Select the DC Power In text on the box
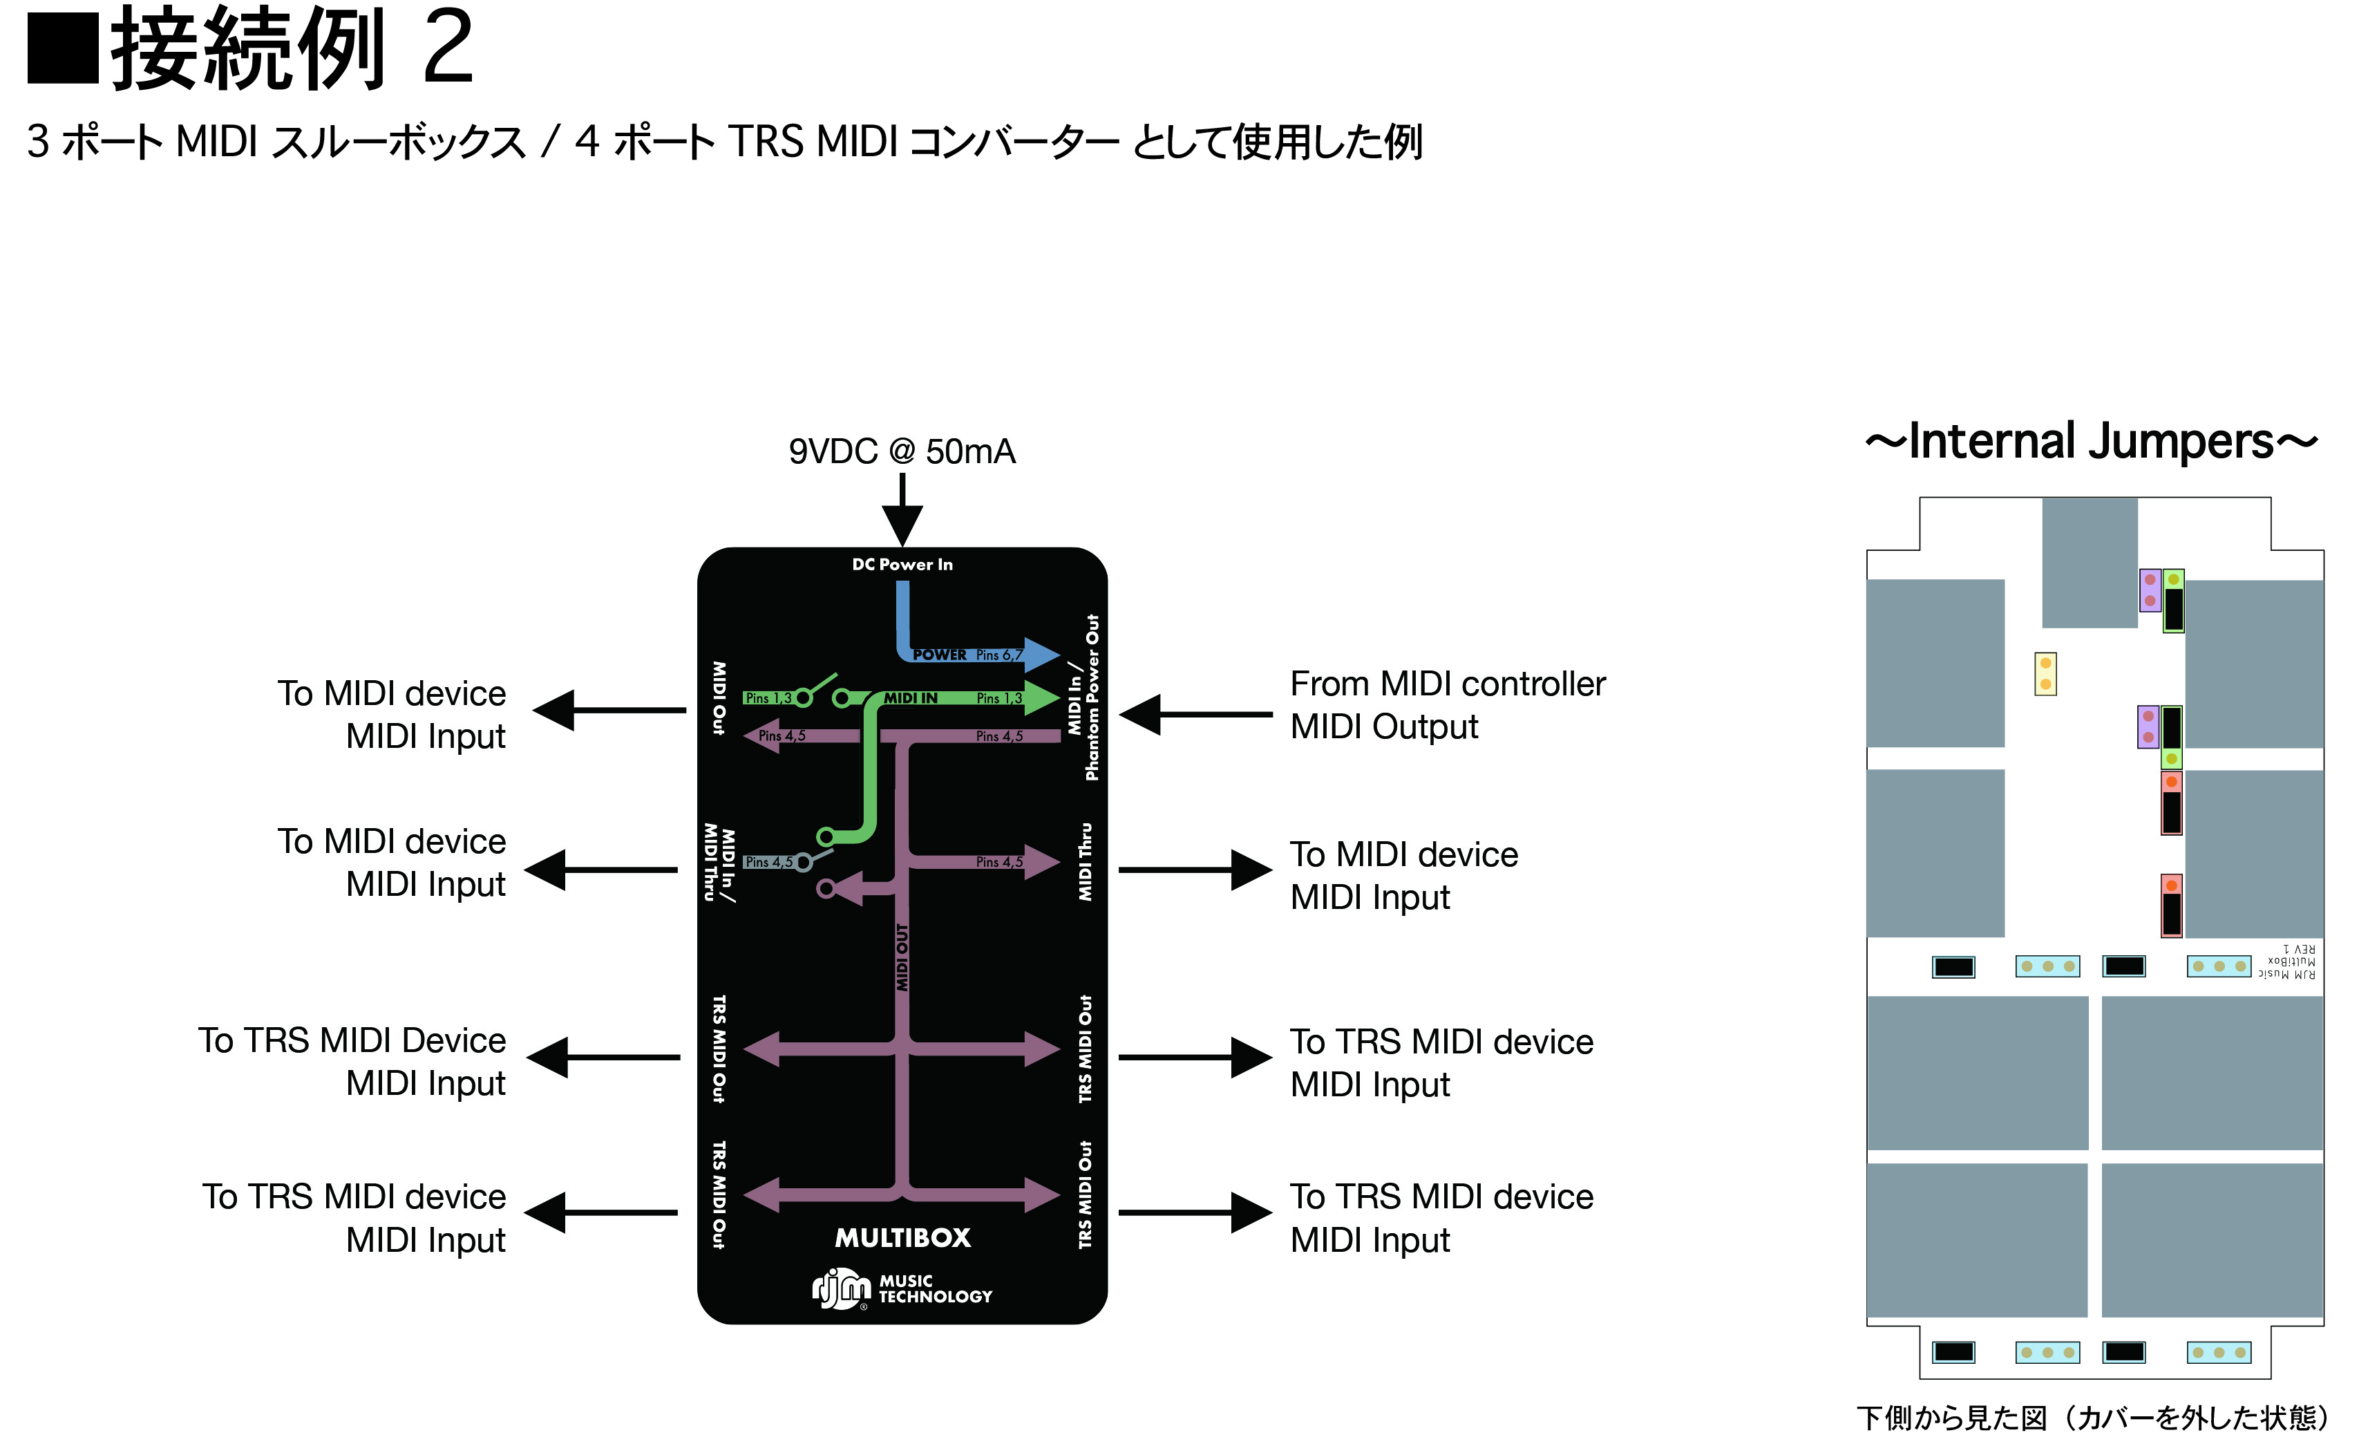coord(902,564)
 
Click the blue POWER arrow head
coord(1042,655)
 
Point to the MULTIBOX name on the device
coord(902,1238)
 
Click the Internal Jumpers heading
coord(2091,442)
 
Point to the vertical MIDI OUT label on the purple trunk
coord(902,957)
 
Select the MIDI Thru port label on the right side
coord(1085,861)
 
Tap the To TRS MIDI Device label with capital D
coord(352,1041)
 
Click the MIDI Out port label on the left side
coord(719,697)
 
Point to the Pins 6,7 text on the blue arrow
coord(999,655)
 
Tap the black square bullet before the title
coord(62,48)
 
